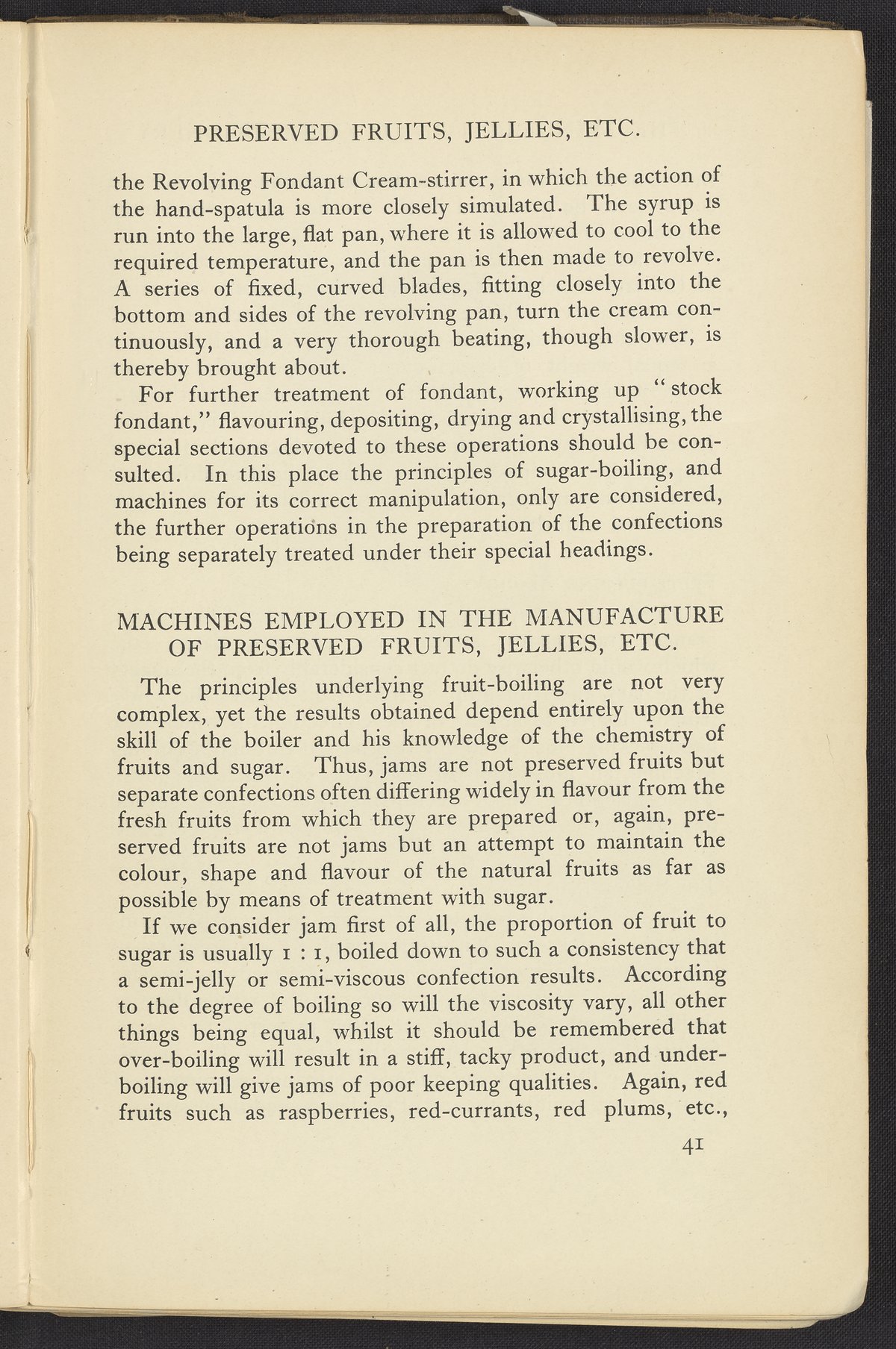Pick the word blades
click(434, 287)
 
